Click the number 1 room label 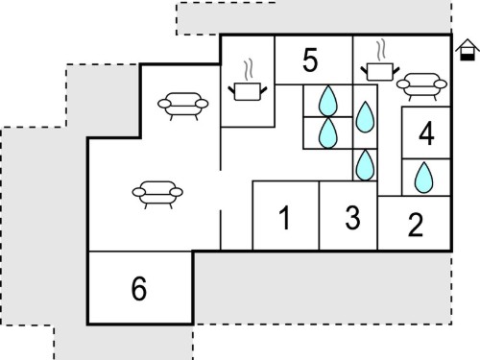point(285,218)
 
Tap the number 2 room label point(416,225)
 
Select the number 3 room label point(352,218)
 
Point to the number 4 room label point(426,133)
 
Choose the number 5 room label point(310,60)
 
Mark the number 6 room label point(139,288)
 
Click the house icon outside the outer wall point(468,50)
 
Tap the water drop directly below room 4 point(423,178)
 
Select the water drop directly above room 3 point(365,165)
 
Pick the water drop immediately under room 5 point(328,101)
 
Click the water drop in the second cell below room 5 point(328,133)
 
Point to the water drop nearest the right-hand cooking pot point(365,117)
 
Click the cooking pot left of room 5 point(248,91)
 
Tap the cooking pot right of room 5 point(380,72)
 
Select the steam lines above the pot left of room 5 point(249,69)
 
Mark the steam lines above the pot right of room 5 point(381,50)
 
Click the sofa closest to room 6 point(157,195)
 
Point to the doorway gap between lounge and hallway point(221,190)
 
